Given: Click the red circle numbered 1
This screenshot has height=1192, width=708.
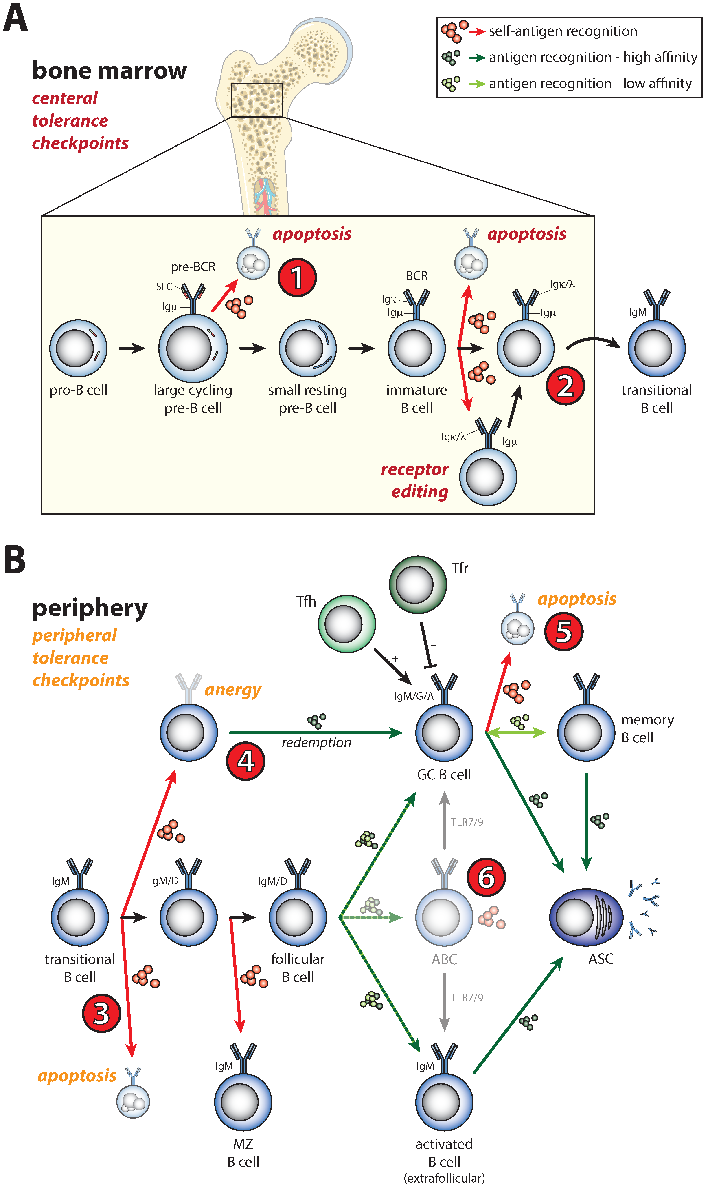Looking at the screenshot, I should [297, 277].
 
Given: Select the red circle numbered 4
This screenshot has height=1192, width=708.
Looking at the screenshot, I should [245, 761].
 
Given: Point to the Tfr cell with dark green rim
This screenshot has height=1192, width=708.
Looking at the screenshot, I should [418, 584].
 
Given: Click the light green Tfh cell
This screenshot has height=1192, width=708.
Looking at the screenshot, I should [347, 624].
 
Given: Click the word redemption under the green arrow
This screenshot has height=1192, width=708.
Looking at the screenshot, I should [316, 743].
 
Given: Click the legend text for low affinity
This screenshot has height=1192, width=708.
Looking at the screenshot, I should [590, 84].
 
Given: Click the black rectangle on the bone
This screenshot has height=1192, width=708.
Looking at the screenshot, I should [257, 100].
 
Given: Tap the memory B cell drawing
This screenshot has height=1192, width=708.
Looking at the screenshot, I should [586, 732].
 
